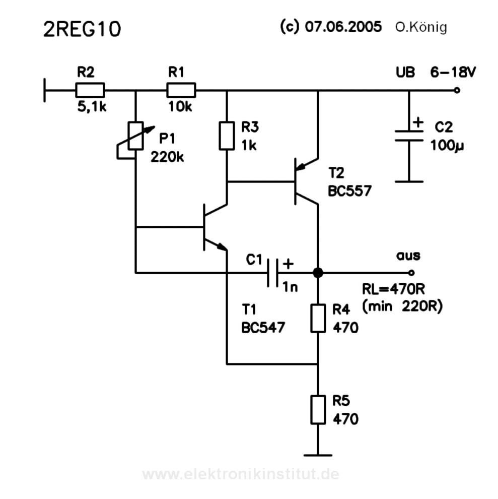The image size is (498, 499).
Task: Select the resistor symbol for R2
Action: click(90, 91)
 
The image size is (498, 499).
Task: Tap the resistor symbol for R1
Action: click(181, 91)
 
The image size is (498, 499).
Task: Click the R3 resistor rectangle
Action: click(227, 135)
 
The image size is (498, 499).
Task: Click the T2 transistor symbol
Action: click(302, 182)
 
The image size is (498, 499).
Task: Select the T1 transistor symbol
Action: click(211, 227)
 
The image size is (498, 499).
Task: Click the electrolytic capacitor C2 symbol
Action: click(408, 136)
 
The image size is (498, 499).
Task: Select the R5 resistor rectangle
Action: click(318, 409)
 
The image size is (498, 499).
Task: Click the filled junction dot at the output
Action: click(318, 273)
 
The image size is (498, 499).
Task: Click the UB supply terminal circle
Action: click(456, 91)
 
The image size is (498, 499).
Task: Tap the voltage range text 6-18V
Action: click(452, 73)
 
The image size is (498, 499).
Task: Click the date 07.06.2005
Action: click(342, 27)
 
